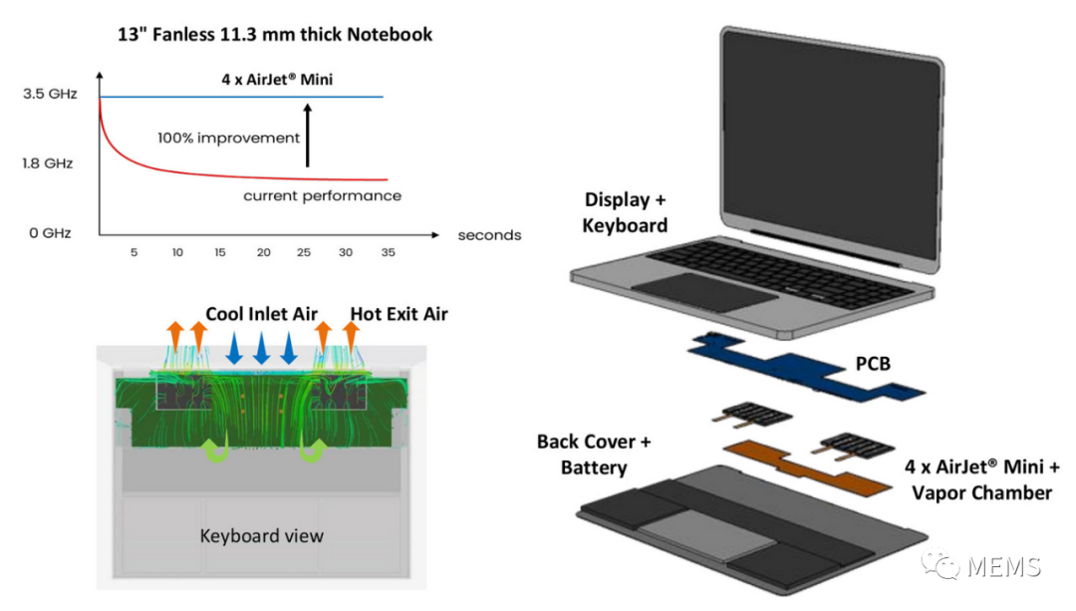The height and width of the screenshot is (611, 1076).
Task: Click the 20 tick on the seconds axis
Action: [263, 253]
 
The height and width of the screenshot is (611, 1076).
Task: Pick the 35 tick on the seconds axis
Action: [388, 253]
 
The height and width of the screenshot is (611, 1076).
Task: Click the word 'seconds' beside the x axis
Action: [489, 235]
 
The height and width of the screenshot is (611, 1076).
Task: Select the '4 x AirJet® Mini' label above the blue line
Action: [276, 79]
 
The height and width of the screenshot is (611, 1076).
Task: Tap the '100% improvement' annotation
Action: [228, 138]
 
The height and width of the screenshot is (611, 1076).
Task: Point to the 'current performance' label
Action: [322, 195]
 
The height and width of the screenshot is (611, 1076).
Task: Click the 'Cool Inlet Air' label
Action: [261, 314]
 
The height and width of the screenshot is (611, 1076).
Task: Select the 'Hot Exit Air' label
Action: [399, 314]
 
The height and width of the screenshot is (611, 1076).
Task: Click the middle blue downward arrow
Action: [261, 348]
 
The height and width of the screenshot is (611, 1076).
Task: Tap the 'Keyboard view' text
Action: [261, 535]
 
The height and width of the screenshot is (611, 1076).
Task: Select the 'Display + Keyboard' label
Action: [625, 212]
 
